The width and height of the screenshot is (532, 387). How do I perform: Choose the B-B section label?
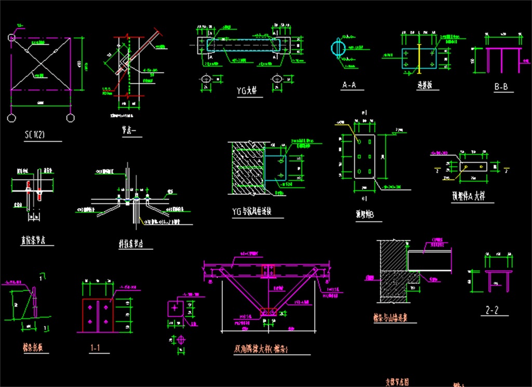click(x=501, y=87)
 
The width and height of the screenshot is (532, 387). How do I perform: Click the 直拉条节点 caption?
click(x=34, y=240)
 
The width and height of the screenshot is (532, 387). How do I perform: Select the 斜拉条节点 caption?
click(x=131, y=243)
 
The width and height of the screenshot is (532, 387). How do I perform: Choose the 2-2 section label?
click(x=492, y=311)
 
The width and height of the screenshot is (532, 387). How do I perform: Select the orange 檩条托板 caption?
click(x=32, y=346)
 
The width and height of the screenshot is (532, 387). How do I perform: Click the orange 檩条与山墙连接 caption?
click(x=394, y=316)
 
